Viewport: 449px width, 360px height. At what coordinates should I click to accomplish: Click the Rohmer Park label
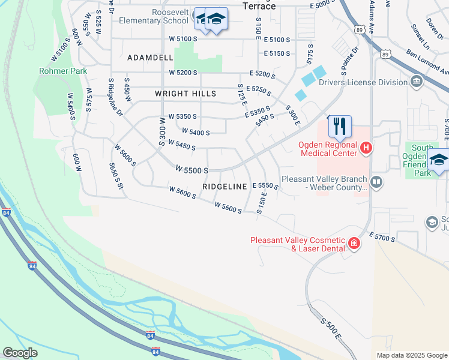pos(63,71)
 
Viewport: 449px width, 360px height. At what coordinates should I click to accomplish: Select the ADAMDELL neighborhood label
pos(150,58)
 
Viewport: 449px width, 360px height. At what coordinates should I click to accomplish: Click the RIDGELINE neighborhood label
pos(224,187)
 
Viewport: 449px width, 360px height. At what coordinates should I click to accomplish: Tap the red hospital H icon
pos(366,147)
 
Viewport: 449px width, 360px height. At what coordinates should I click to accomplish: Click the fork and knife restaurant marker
pos(339,126)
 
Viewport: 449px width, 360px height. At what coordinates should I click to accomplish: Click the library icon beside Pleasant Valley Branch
pos(376,181)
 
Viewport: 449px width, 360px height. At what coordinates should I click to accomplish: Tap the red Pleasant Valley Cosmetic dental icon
pos(354,243)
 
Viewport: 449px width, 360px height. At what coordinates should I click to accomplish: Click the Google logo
pos(20,352)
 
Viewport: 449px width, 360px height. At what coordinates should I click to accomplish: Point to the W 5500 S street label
pos(192,170)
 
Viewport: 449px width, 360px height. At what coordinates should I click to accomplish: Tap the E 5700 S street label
pos(382,238)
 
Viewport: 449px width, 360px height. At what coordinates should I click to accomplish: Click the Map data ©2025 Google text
pos(412,355)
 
